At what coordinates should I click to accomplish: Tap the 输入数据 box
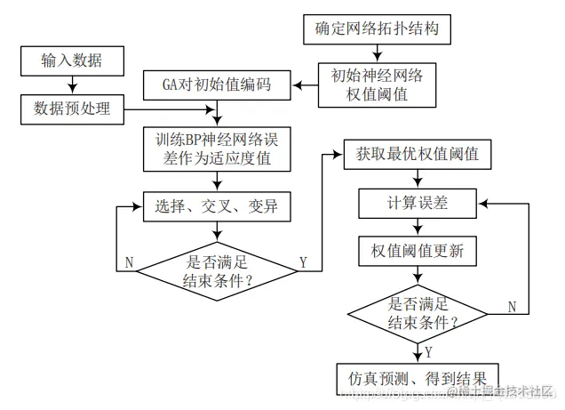pyautogui.click(x=71, y=60)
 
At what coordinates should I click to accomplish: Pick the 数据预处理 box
pyautogui.click(x=71, y=109)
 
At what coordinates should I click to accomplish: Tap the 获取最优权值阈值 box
pyautogui.click(x=417, y=155)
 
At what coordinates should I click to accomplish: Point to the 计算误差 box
pyautogui.click(x=417, y=203)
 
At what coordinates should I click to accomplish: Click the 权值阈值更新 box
pyautogui.click(x=417, y=251)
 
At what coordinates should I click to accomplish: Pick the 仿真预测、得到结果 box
pyautogui.click(x=417, y=377)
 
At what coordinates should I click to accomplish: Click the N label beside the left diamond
pyautogui.click(x=130, y=262)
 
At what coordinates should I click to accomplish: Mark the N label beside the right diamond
pyautogui.click(x=512, y=306)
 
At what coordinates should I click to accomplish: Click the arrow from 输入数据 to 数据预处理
pyautogui.click(x=71, y=84)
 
